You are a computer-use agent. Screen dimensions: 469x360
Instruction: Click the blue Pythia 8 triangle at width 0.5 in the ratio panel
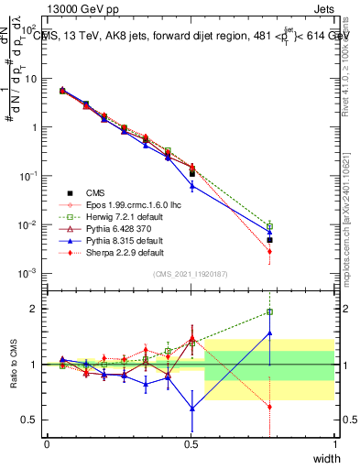(x=191, y=409)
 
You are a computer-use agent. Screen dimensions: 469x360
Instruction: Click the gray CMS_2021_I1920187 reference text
(x=190, y=274)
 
